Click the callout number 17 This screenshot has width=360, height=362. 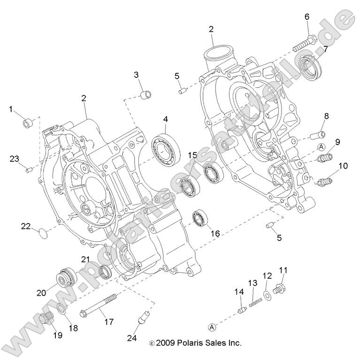[x=108, y=322]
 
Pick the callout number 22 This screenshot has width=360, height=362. [x=26, y=226]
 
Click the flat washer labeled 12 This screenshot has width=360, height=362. [x=268, y=294]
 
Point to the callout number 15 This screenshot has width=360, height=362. [x=193, y=155]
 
